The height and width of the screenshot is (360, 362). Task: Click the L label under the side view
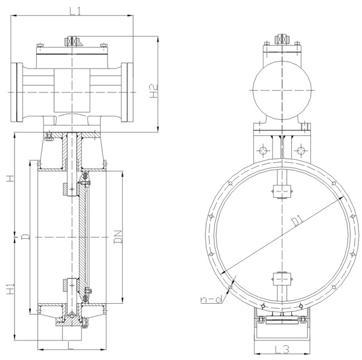[70, 345]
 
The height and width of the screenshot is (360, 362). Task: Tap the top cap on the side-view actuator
[73, 42]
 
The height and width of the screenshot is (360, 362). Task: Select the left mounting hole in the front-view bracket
[262, 150]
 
